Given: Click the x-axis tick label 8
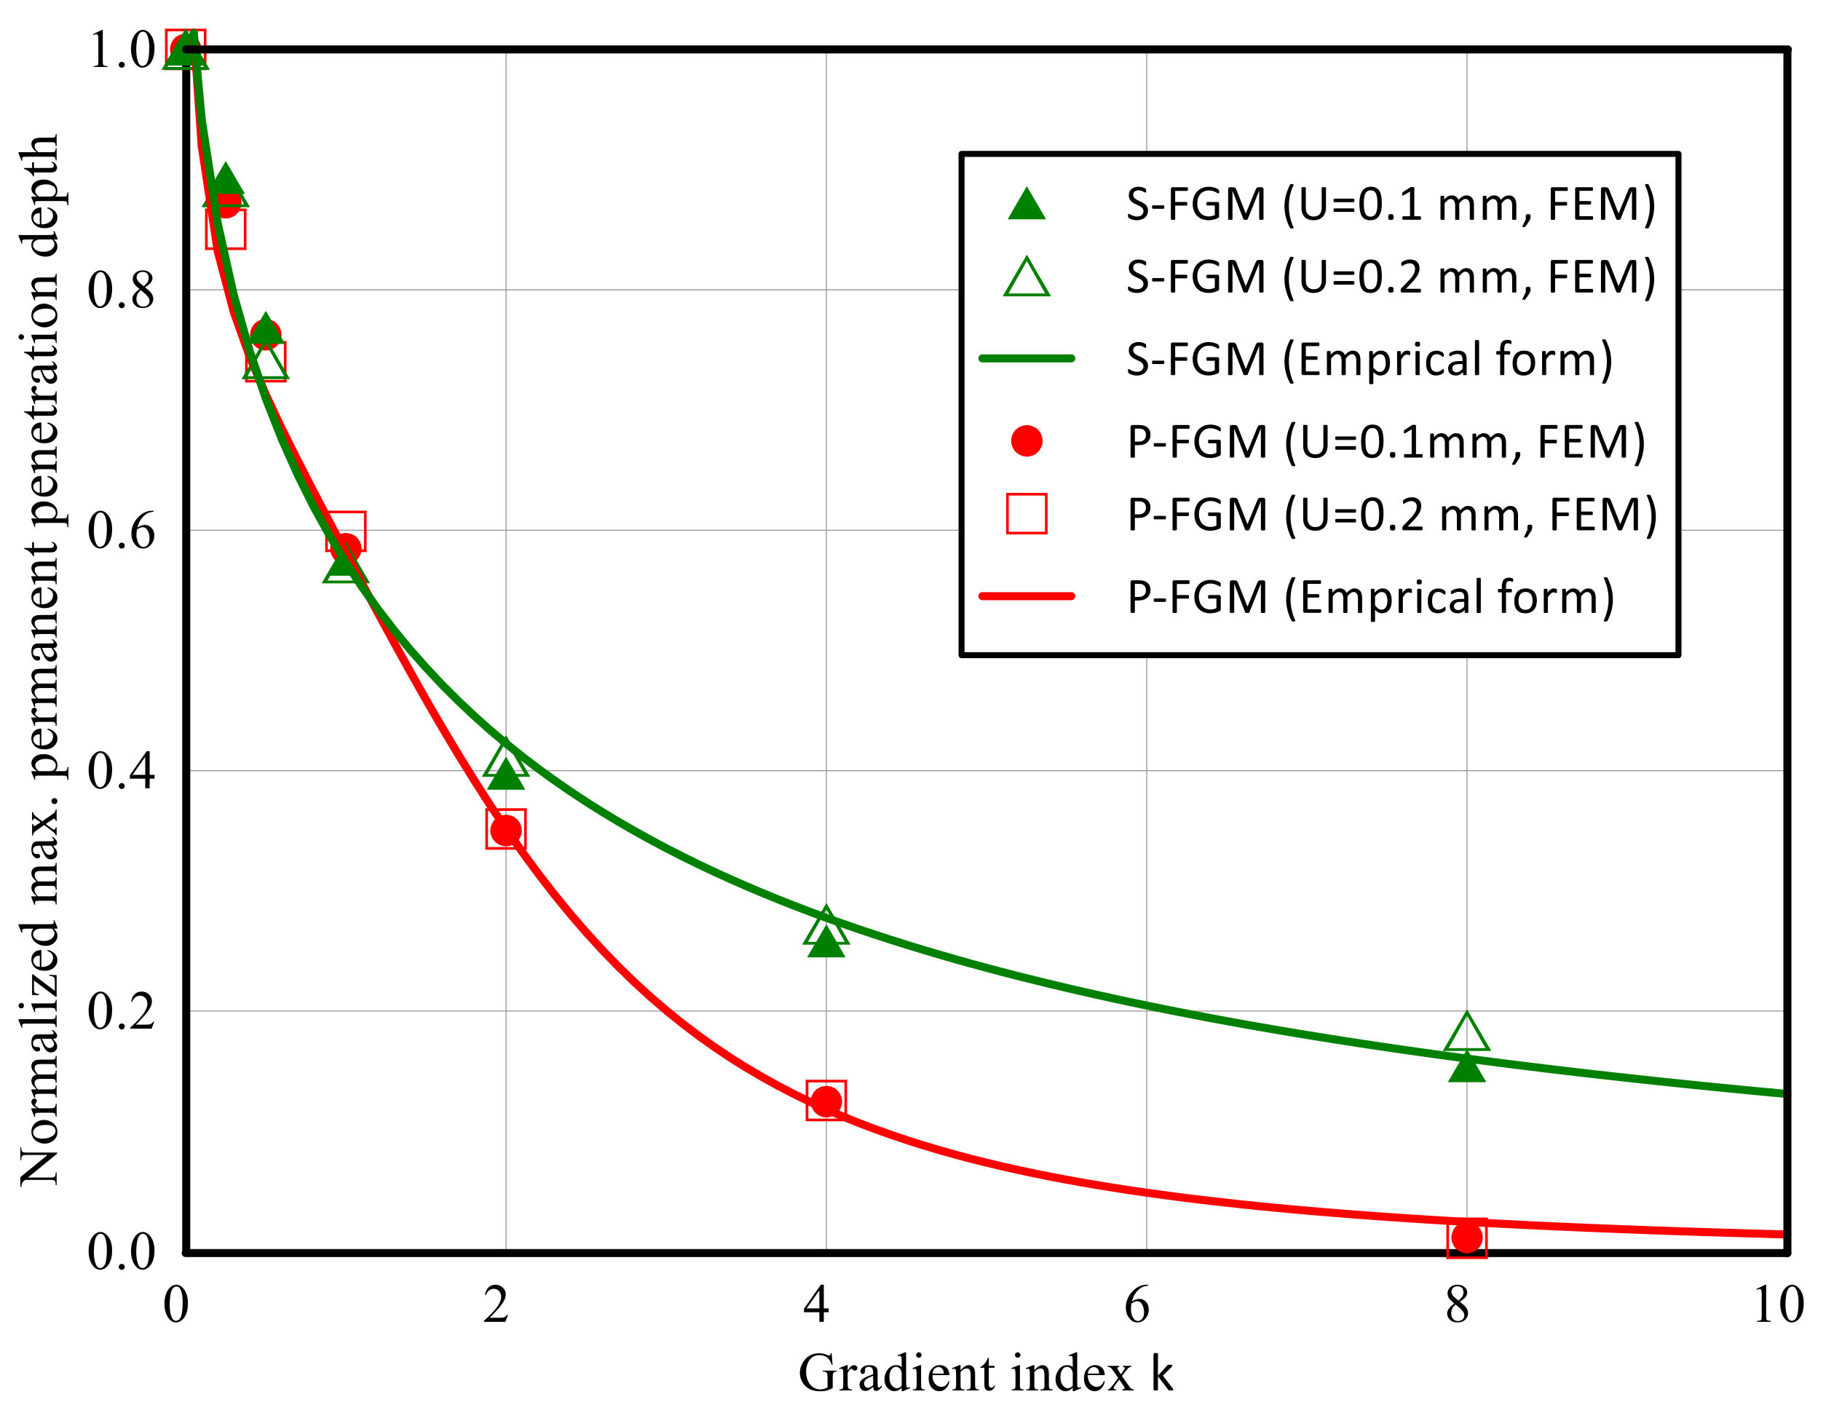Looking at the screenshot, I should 1458,1305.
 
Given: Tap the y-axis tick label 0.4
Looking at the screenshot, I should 122,770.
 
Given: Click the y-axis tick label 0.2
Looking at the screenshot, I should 122,1011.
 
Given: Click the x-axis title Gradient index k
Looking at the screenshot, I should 985,1374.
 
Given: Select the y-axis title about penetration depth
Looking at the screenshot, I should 39,660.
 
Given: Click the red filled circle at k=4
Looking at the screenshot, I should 826,1101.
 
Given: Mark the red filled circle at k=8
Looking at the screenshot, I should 1466,1236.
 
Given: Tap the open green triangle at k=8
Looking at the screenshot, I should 1466,1034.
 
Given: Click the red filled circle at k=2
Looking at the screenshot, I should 506,830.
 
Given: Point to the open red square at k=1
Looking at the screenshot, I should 345,530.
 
